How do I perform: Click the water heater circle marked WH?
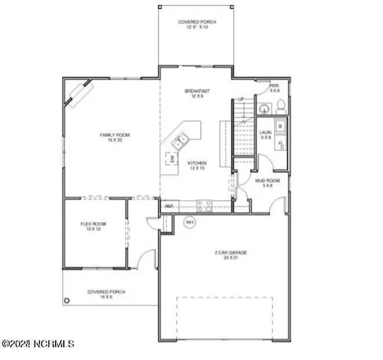click(x=189, y=221)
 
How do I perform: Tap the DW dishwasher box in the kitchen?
click(x=172, y=159)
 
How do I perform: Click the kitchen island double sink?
click(x=181, y=140)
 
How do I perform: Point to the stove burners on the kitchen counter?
click(x=204, y=204)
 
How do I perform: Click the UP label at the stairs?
click(x=241, y=100)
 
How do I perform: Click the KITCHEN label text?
click(x=197, y=165)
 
